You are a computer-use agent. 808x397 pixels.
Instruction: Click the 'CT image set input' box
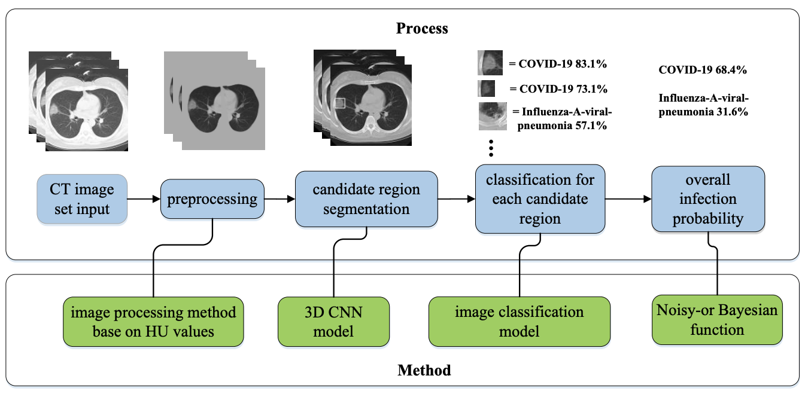click(83, 198)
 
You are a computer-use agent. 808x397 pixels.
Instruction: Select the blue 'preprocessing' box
click(212, 199)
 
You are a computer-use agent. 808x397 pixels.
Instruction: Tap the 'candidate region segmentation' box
click(366, 200)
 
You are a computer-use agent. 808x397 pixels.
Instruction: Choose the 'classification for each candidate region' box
click(540, 199)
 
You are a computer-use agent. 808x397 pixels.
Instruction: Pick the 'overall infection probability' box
click(707, 199)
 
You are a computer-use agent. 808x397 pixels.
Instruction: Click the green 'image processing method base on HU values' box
click(153, 321)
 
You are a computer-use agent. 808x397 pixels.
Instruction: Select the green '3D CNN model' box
click(333, 321)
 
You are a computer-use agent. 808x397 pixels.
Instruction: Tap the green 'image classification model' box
click(520, 321)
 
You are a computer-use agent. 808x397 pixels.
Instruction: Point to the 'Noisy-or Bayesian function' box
click(716, 319)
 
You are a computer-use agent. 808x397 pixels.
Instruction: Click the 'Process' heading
click(422, 28)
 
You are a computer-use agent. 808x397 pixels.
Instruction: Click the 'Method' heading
click(424, 371)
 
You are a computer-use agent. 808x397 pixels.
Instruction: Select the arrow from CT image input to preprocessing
click(144, 199)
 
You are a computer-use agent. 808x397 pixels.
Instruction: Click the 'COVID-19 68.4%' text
click(702, 70)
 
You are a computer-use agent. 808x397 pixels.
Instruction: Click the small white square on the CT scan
click(340, 103)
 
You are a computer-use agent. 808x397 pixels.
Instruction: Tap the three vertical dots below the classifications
click(491, 147)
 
